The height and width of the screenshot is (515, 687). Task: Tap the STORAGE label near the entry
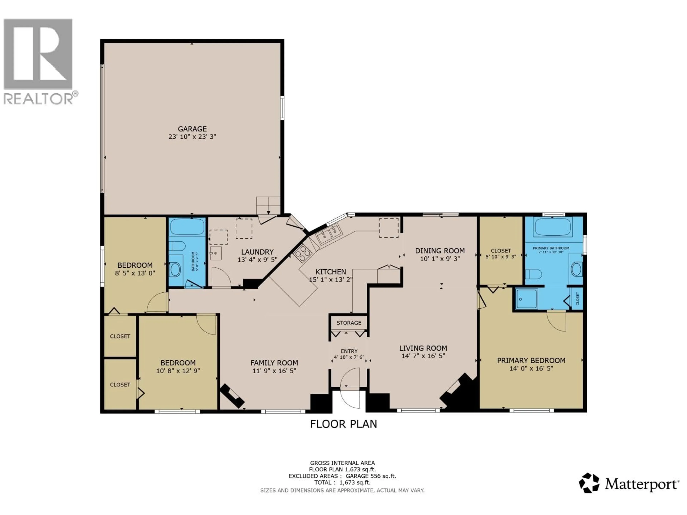[x=349, y=323]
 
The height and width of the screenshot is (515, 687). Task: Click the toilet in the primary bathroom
[x=534, y=274]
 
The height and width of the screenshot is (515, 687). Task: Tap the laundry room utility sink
[x=216, y=253]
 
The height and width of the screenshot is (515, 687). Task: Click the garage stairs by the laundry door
[x=268, y=205]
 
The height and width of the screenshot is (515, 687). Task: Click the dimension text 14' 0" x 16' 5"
[x=531, y=369]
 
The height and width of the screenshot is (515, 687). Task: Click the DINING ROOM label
[x=440, y=251]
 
